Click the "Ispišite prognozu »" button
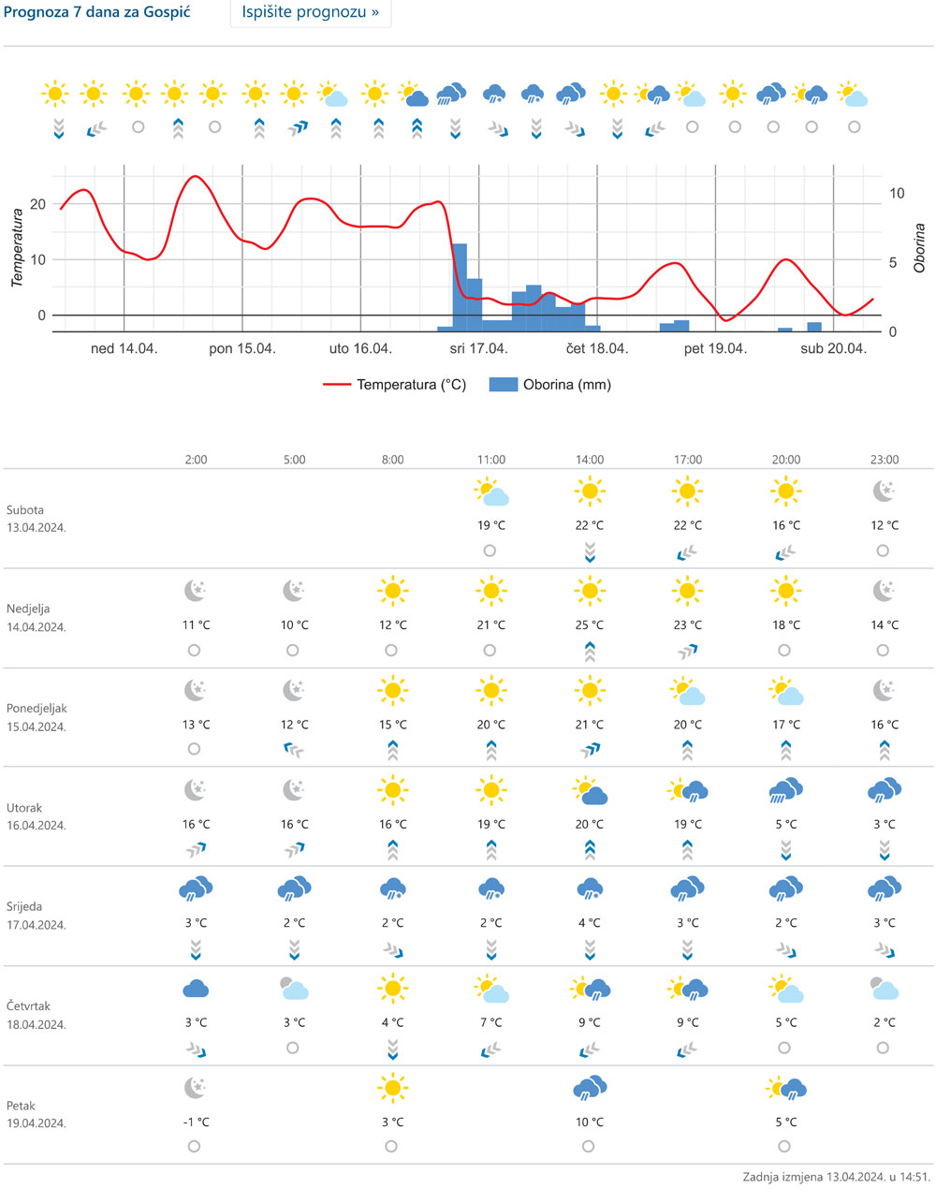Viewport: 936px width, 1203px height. [x=310, y=13]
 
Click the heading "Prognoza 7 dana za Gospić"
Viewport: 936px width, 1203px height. [x=96, y=14]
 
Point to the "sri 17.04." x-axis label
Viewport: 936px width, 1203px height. [x=478, y=348]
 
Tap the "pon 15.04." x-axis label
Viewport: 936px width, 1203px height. [x=241, y=348]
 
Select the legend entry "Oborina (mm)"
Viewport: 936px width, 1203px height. [x=550, y=385]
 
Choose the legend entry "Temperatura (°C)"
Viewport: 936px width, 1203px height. [x=394, y=385]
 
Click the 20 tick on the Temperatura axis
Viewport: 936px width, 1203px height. [x=38, y=204]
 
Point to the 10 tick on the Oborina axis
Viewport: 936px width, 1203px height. [x=897, y=194]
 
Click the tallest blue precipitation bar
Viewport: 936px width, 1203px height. [x=460, y=286]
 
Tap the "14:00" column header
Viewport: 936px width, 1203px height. [x=590, y=460]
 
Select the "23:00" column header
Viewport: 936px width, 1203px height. [x=885, y=460]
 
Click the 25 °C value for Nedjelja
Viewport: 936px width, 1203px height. [x=590, y=624]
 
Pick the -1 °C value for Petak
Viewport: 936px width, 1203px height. [x=196, y=1122]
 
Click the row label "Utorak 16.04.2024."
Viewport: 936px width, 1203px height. [x=37, y=816]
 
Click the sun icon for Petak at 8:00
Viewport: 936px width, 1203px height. [x=392, y=1088]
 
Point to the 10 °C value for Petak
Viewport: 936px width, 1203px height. [x=590, y=1122]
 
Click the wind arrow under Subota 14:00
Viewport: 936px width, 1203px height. [x=590, y=551]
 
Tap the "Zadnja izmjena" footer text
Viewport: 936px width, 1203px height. [x=836, y=1177]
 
